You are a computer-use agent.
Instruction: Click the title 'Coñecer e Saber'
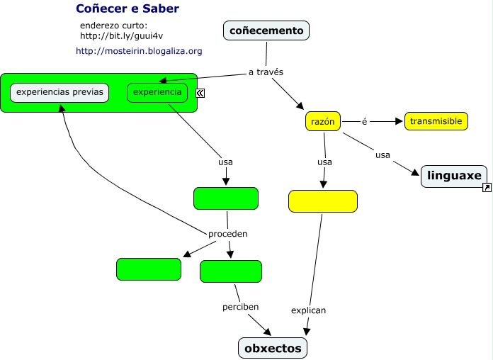coord(127,9)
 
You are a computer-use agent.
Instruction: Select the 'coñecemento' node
coord(266,30)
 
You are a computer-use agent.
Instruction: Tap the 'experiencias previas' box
coord(59,92)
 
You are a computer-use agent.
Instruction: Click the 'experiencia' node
coord(157,92)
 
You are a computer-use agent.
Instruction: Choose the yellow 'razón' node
coord(322,122)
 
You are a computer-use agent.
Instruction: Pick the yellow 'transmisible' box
coord(436,122)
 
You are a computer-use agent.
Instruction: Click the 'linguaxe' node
coord(454,176)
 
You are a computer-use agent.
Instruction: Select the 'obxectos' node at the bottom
coord(273,348)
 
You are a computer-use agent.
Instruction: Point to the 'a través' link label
coord(266,72)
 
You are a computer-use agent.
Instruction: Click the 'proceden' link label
coord(228,234)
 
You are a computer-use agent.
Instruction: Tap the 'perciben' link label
coord(241,307)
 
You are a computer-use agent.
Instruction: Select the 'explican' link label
coord(308,310)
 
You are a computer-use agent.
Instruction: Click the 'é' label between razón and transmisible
coord(365,121)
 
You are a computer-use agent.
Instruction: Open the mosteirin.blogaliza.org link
coord(139,51)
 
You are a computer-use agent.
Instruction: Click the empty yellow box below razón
coord(323,201)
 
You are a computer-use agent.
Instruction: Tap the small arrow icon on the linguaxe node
coord(487,188)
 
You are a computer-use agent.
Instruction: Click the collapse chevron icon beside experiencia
coord(200,93)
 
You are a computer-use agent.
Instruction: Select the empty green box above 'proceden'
coord(226,199)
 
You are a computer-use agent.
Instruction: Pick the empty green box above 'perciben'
coord(231,271)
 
